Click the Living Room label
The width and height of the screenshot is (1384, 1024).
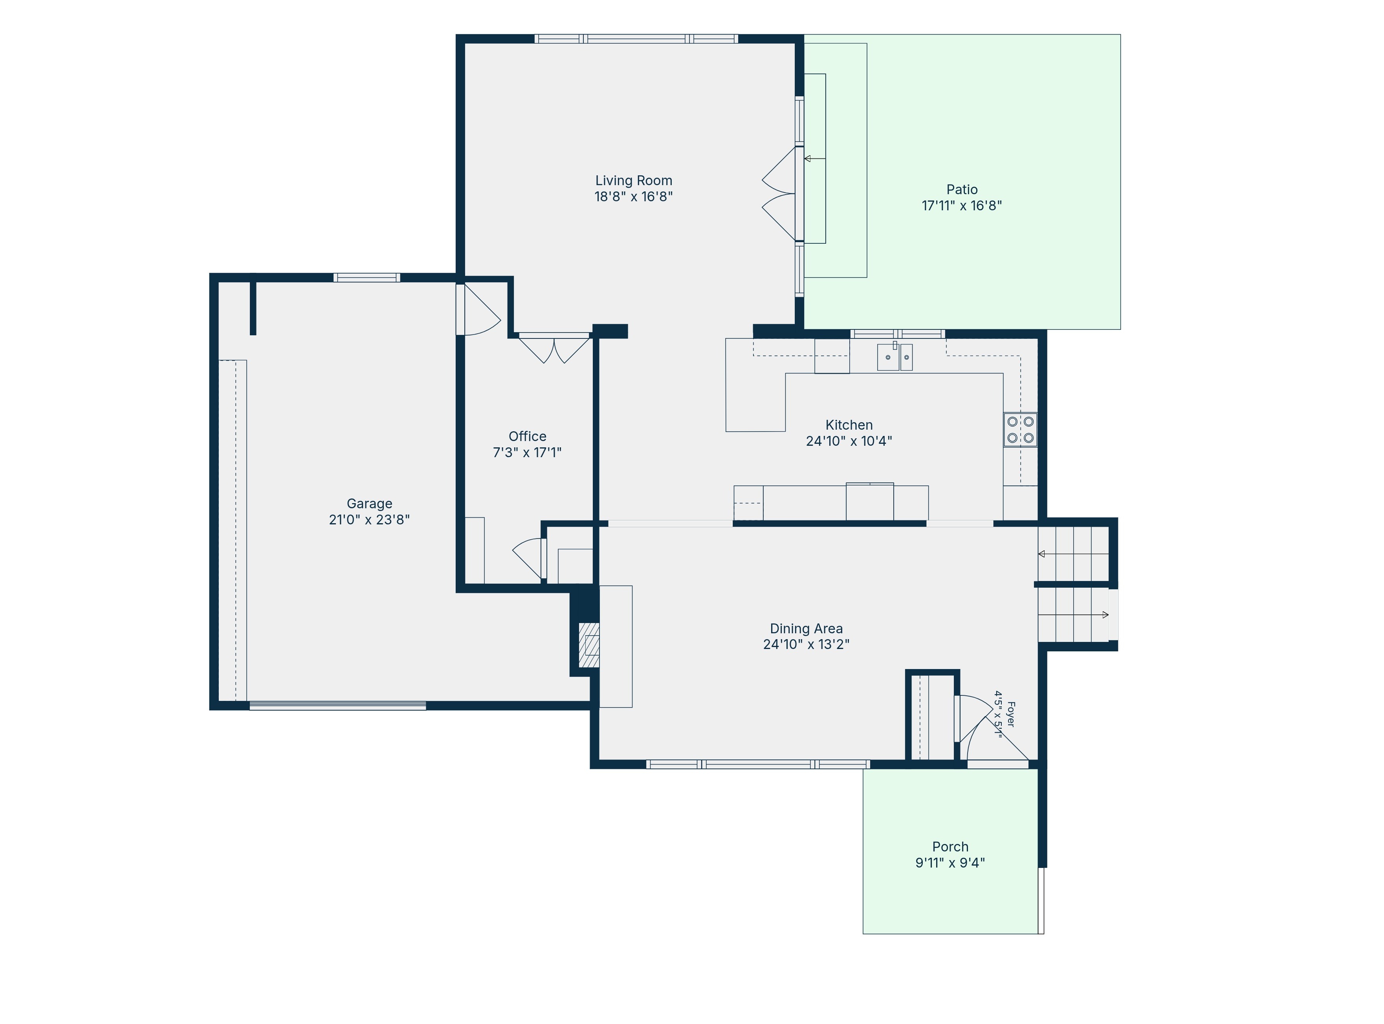pos(633,180)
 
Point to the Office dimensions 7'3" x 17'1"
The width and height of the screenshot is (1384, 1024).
pos(527,452)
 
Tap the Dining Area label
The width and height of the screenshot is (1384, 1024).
pos(806,629)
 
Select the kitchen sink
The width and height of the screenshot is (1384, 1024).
pos(895,357)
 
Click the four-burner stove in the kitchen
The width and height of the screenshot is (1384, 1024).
pos(1020,430)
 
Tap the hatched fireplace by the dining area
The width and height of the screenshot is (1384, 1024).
pos(588,645)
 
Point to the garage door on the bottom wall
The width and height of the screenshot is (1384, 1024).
pos(337,705)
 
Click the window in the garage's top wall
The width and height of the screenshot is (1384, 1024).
pos(367,278)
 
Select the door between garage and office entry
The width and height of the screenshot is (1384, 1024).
pos(478,309)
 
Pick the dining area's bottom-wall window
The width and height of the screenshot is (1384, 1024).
pos(758,764)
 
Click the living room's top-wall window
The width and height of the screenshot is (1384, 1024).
pos(636,39)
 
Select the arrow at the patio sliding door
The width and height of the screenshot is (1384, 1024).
pos(815,159)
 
